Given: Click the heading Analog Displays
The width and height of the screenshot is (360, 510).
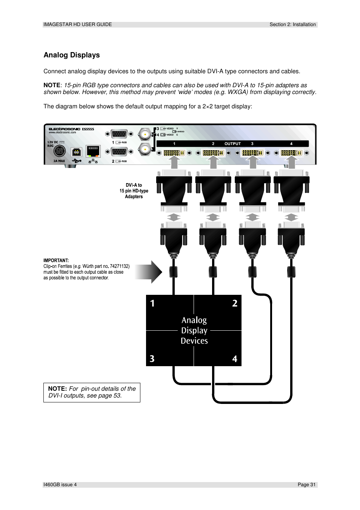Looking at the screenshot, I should click(72, 55).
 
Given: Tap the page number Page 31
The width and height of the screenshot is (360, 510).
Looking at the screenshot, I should click(306, 485).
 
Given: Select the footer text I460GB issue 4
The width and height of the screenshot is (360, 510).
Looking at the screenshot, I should click(60, 485).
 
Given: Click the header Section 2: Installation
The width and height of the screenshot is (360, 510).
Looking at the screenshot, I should click(292, 25).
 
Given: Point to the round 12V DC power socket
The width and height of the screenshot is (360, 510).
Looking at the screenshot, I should click(59, 151).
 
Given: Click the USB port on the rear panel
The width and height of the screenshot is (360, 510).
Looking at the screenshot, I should click(76, 152).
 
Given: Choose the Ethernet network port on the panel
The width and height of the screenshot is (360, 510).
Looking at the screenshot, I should click(93, 151).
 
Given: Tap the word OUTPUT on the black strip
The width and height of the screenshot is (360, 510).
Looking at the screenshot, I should click(232, 144).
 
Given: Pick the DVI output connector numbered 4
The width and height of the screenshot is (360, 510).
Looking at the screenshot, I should click(291, 153).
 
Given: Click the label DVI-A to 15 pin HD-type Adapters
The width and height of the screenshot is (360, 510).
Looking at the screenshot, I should click(134, 191).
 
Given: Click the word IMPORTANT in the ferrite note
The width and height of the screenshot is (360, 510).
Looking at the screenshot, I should click(56, 260).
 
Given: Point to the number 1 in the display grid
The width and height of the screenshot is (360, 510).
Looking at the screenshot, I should click(152, 304).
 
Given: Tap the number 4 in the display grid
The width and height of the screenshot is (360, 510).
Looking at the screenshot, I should click(235, 359).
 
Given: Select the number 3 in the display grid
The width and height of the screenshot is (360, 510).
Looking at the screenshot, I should click(152, 359).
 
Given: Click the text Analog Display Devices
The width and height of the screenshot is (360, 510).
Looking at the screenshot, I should click(194, 331).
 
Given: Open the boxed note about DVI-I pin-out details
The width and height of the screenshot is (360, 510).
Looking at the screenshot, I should click(92, 392).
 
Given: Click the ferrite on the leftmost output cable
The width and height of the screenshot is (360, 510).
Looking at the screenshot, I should click(173, 271).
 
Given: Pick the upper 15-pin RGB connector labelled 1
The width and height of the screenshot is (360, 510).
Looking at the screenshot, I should click(119, 134).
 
